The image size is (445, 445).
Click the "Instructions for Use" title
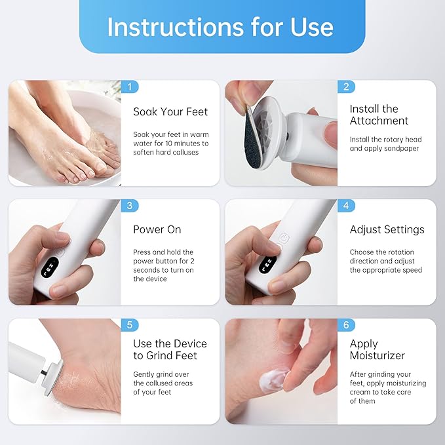coord(220,27)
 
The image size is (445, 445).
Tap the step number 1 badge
coord(130,87)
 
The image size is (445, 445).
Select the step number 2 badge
coord(346,87)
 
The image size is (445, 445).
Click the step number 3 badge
coord(130,206)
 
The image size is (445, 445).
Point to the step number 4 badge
coord(346,206)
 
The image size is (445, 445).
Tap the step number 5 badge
coord(130,324)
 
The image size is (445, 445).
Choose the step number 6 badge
coord(346,324)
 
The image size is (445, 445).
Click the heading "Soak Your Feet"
coord(170,112)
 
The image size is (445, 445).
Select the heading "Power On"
coord(157,229)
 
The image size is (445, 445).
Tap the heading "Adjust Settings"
coord(387,229)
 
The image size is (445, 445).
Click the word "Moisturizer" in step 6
coord(377,355)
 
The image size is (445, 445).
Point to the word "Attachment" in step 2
coord(379,121)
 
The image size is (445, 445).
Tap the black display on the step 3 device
coord(50,267)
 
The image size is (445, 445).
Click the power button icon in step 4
coord(284,239)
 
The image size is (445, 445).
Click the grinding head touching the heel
coord(52,377)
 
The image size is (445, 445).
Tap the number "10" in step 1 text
coord(168,144)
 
